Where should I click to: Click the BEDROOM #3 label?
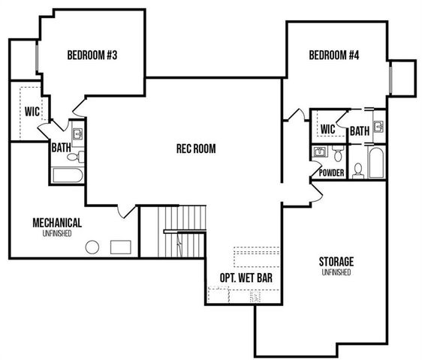(x=92, y=55)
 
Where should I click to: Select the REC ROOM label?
(x=195, y=148)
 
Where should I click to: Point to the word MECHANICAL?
(x=57, y=223)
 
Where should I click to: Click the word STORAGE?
(x=336, y=261)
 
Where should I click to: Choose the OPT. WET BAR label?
(x=246, y=277)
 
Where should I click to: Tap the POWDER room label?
(x=332, y=173)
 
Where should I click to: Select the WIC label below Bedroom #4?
(x=327, y=130)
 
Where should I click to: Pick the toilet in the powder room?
(x=339, y=155)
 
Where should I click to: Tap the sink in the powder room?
(x=320, y=153)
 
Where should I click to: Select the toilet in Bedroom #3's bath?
(x=73, y=156)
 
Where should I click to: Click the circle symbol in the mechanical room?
(x=93, y=247)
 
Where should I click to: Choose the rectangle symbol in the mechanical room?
(x=121, y=246)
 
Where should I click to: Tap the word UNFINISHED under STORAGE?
(x=336, y=272)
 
